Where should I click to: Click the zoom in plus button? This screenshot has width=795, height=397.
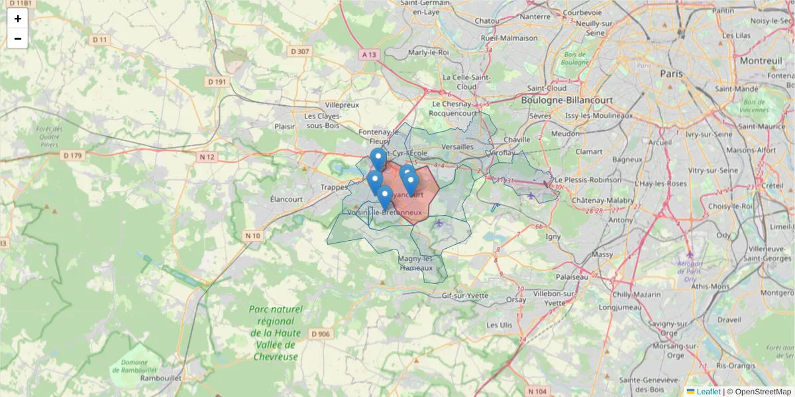pos(18,19)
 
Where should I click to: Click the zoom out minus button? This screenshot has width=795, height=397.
pos(18,38)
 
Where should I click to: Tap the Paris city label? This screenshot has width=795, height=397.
pos(671,73)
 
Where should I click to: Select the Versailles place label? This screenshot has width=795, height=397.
pos(457,146)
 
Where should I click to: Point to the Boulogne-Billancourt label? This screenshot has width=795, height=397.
pos(566,100)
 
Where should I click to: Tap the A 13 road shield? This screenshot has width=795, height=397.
pos(369,54)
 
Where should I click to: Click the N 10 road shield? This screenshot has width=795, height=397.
pos(252,236)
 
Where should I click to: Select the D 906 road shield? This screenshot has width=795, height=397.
pos(319,334)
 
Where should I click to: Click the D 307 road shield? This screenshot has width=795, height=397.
pos(299,51)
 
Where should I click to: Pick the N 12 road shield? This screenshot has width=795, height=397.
pos(207,157)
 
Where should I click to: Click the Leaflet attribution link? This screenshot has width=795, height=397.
pos(708,392)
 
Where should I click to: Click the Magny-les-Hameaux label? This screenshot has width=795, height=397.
pos(416,263)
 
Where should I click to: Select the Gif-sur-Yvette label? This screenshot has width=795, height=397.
pos(464,295)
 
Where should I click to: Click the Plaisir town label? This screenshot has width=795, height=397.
pos(285,126)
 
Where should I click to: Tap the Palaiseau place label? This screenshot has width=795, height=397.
pos(572,277)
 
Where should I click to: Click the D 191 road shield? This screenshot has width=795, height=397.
pos(217,82)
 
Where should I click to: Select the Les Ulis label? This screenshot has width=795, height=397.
pos(500,325)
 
